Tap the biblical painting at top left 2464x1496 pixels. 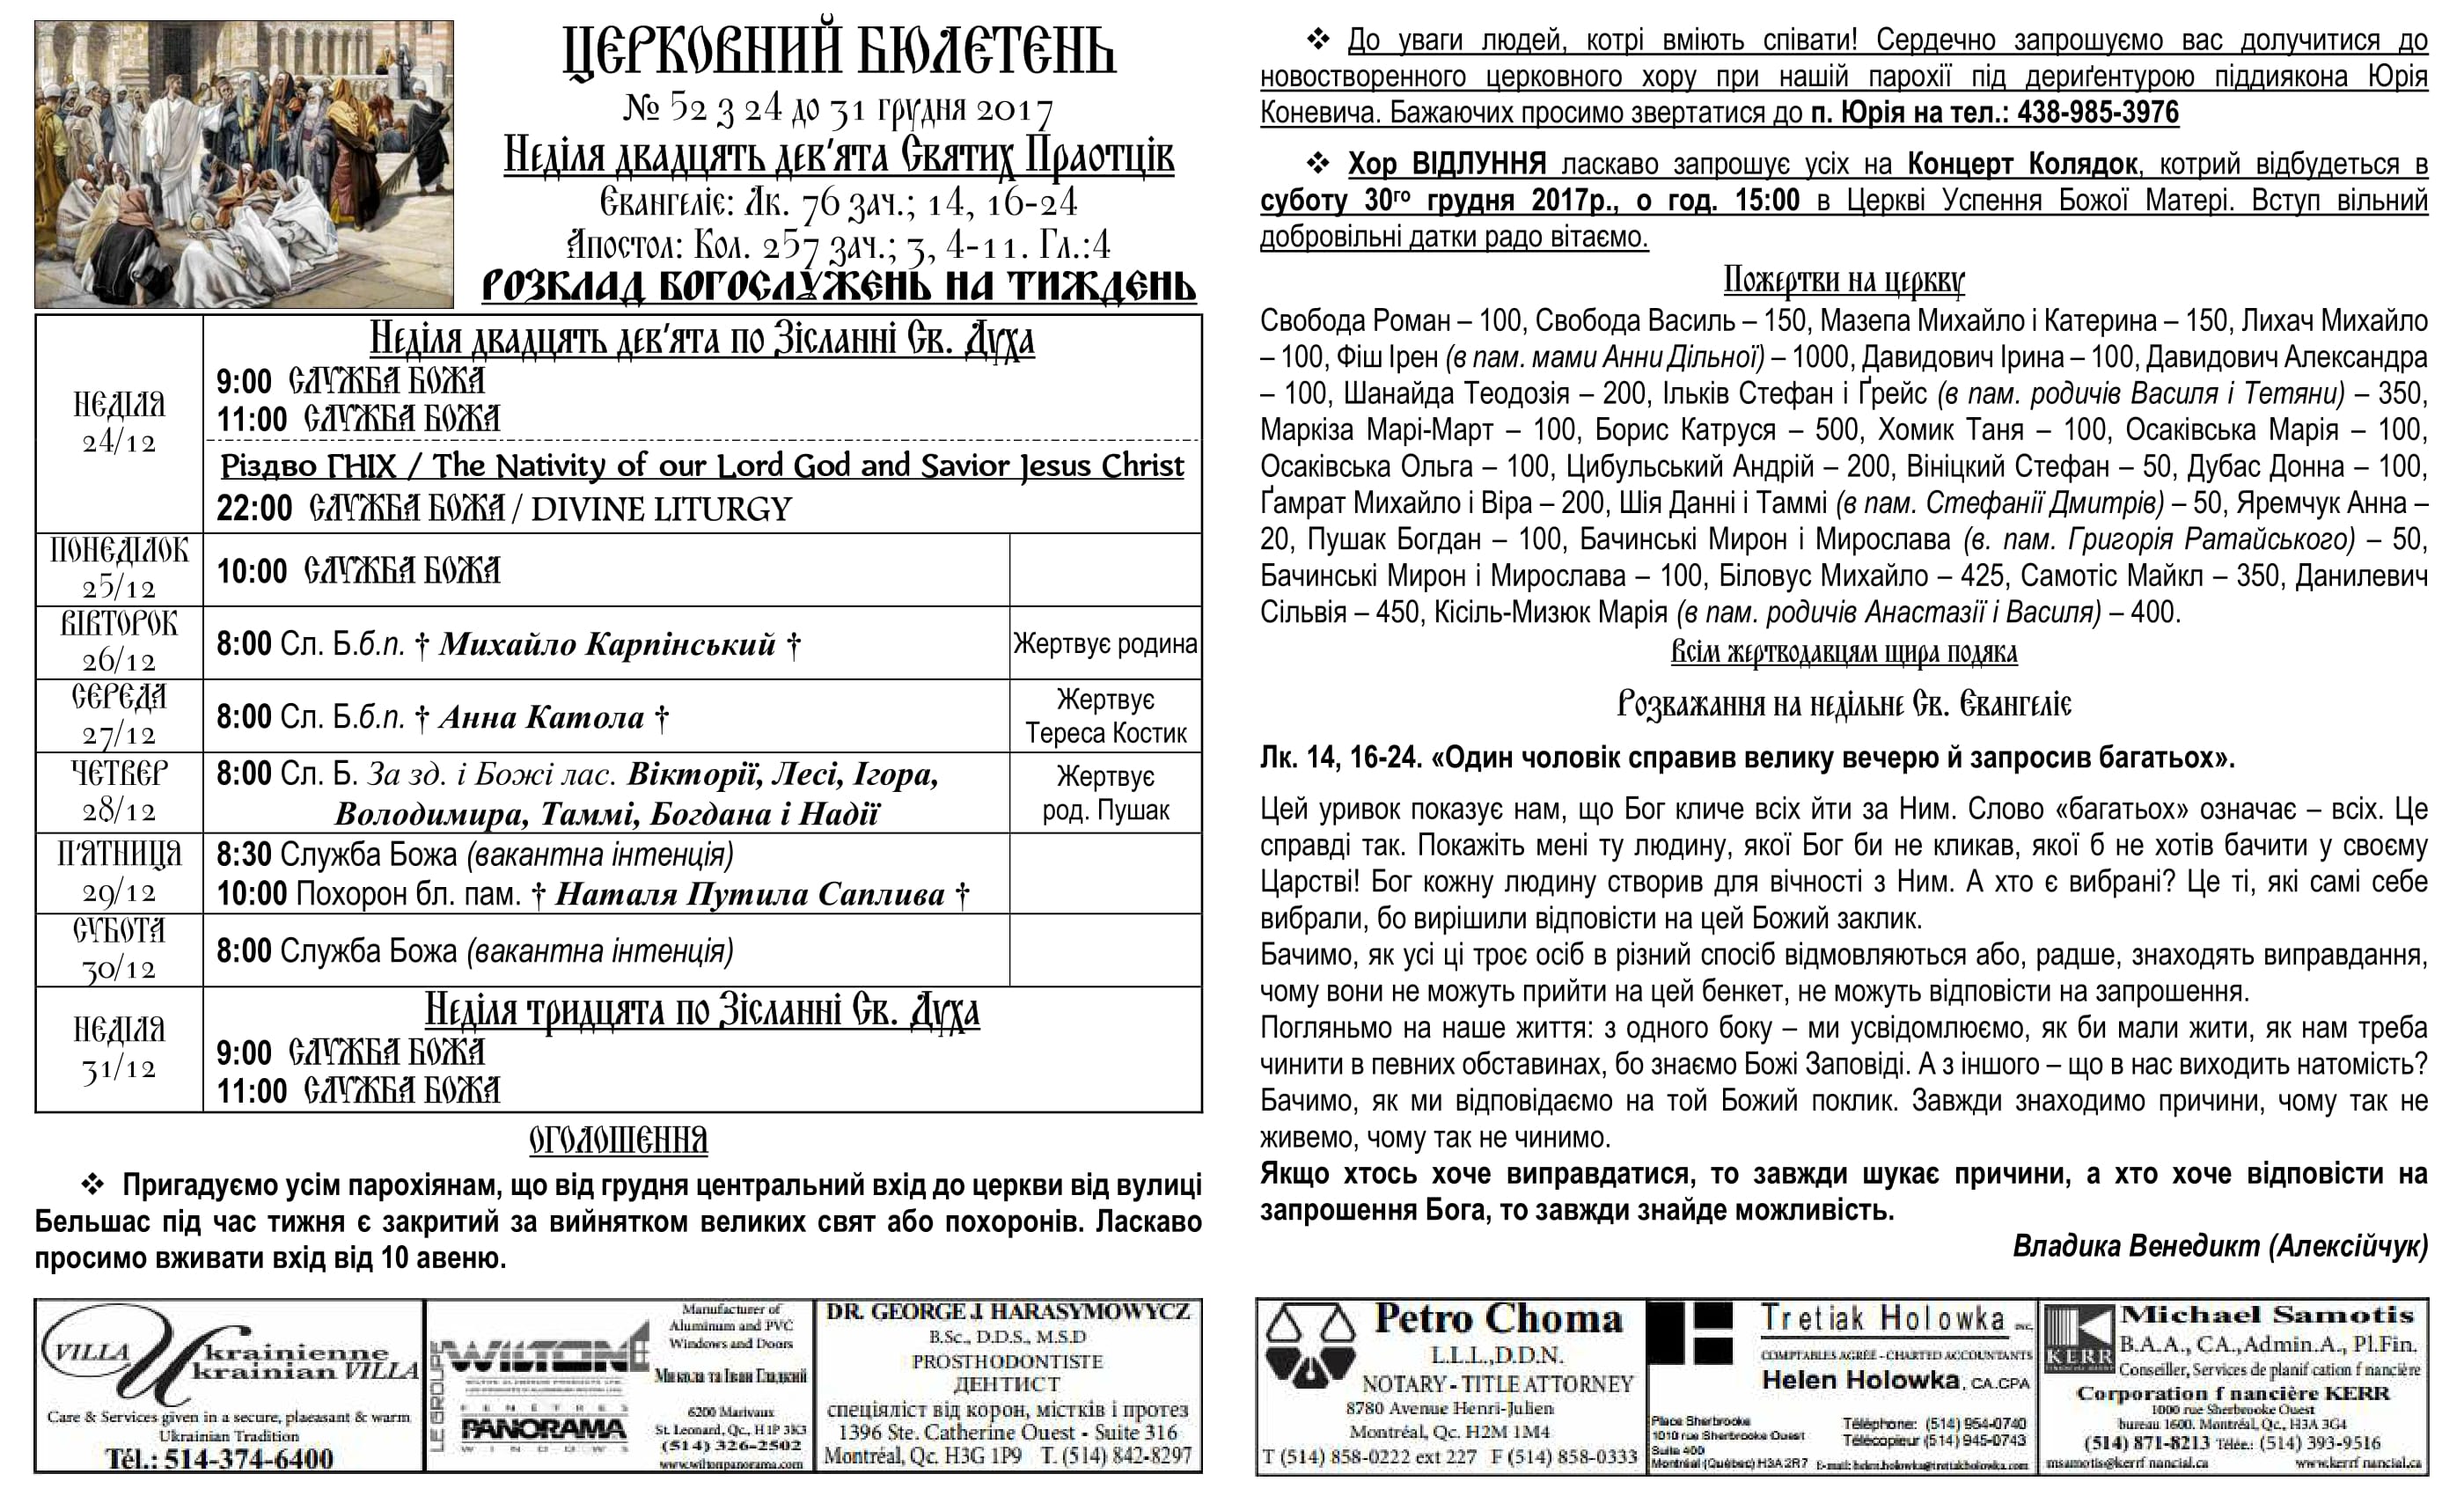tap(244, 164)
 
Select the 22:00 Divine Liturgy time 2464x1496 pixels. tap(254, 508)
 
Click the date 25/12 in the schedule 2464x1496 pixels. tap(119, 587)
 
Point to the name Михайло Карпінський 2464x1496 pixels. tap(607, 644)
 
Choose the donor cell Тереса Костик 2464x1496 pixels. tap(1105, 733)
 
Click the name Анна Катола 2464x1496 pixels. tap(541, 717)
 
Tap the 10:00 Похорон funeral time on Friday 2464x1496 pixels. tap(252, 894)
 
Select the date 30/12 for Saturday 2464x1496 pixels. tap(119, 968)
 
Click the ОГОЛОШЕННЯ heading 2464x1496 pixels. tap(618, 1140)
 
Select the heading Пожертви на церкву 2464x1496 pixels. tap(1843, 280)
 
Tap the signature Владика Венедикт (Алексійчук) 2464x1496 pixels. tap(2219, 1246)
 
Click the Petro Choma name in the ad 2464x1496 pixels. tap(1497, 1319)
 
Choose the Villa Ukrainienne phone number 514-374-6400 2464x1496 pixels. tap(219, 1458)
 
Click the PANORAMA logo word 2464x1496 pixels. tap(543, 1431)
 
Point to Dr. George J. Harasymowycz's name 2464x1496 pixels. tap(1008, 1312)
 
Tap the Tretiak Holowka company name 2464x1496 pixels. tap(1882, 1319)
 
